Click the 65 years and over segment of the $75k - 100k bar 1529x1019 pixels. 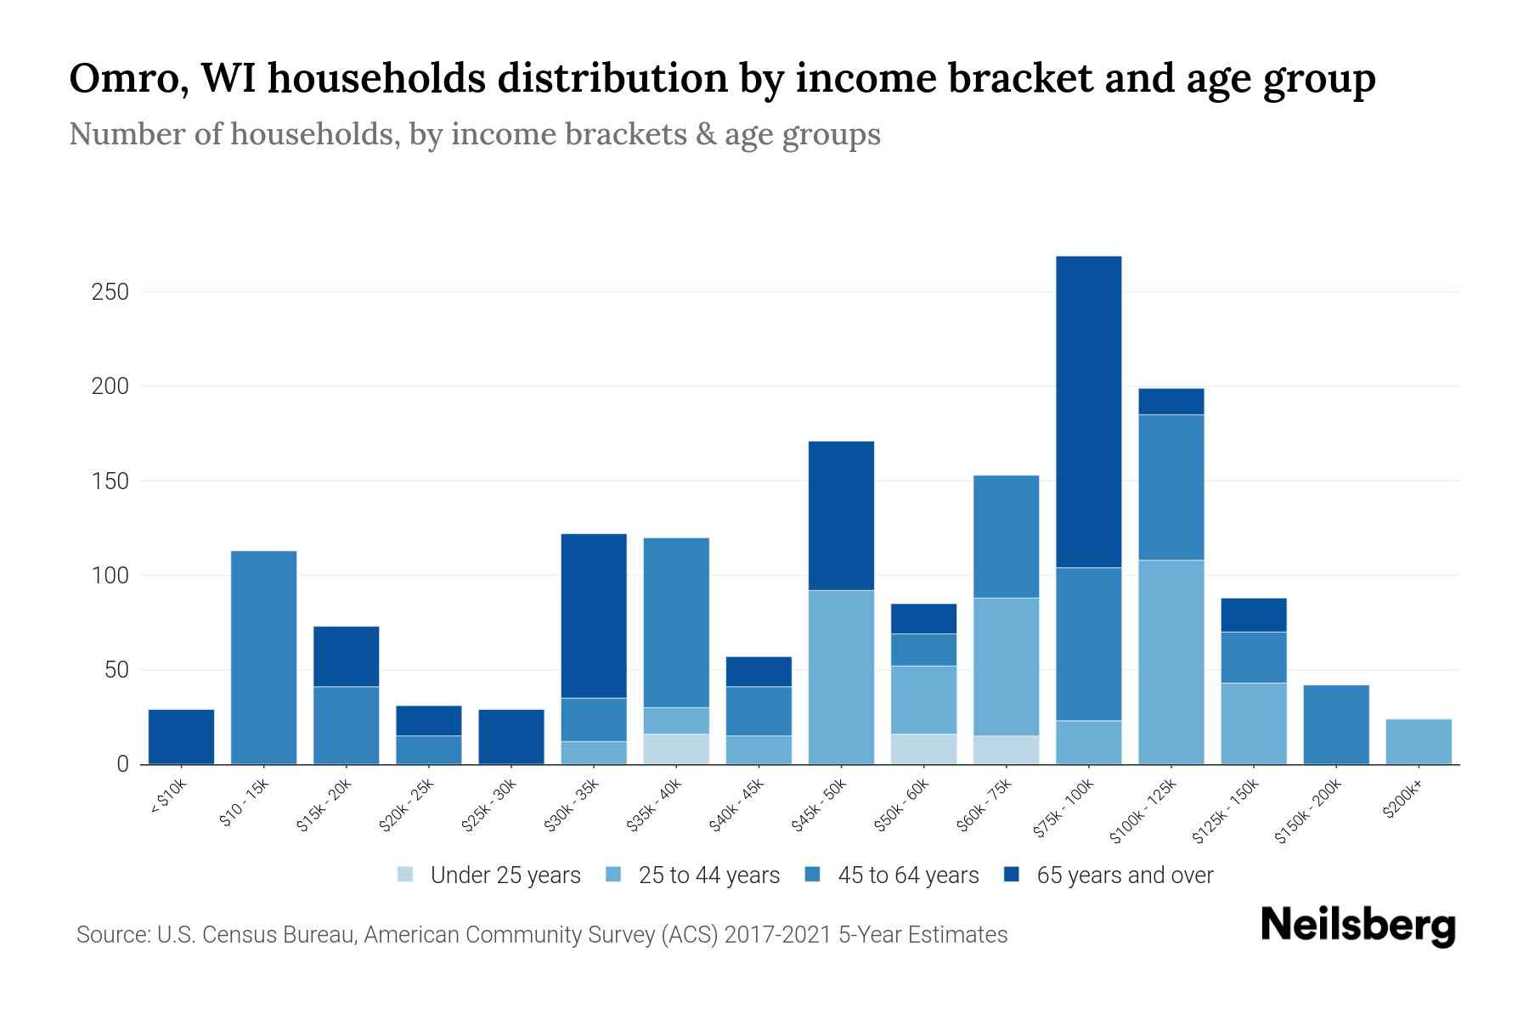pos(1088,412)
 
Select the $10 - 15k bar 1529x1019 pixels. pos(264,658)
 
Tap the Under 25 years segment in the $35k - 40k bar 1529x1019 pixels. pos(676,749)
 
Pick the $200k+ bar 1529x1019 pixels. pos(1418,741)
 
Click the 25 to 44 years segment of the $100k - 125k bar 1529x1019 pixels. pos(1171,662)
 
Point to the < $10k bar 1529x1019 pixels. pos(181,737)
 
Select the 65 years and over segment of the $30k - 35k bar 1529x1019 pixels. pos(594,616)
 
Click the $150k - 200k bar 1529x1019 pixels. pos(1335,724)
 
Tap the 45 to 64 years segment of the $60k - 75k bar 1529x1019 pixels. pos(1006,537)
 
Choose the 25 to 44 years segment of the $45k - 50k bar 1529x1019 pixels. pos(841,677)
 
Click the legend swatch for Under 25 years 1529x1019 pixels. pos(406,875)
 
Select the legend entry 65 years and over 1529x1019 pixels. pos(1124,875)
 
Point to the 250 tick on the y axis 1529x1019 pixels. pos(110,292)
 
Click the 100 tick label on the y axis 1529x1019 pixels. pos(110,576)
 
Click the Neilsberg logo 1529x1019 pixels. pos(1358,925)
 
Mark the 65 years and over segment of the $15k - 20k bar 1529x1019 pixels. pos(347,656)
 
